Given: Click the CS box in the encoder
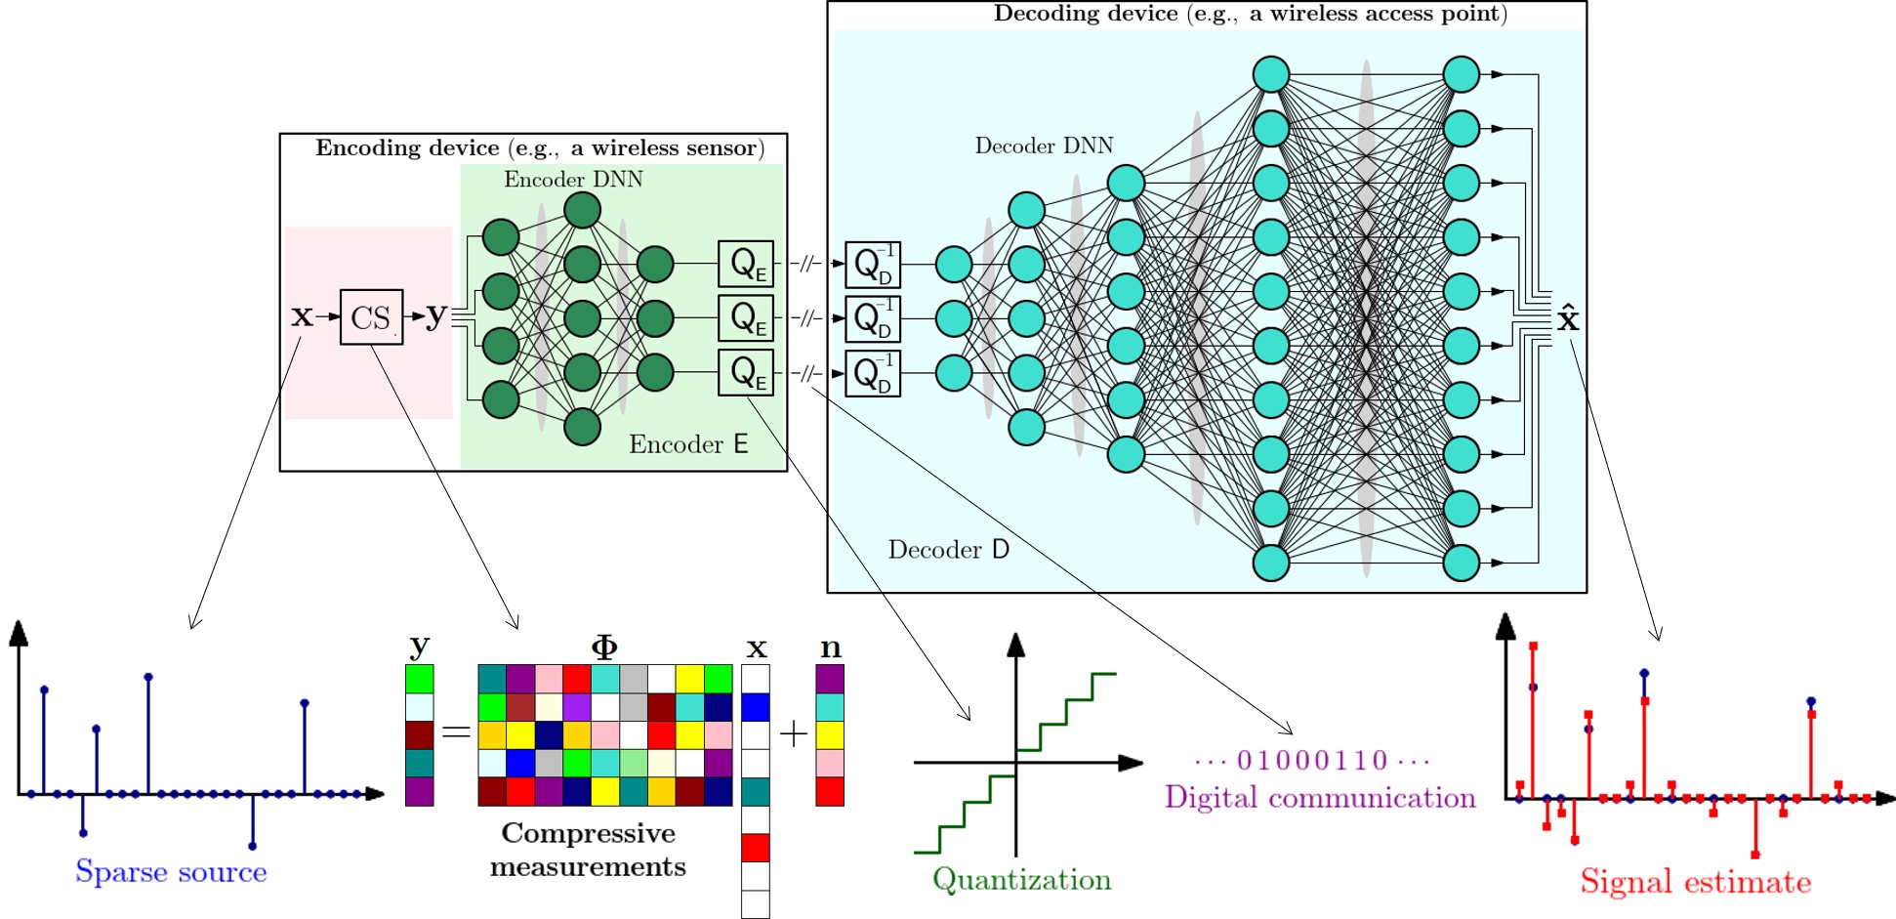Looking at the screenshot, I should click(371, 317).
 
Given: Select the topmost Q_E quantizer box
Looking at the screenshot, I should click(746, 264).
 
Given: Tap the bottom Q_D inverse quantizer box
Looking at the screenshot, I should click(873, 373).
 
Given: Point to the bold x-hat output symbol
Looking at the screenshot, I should click(1568, 318).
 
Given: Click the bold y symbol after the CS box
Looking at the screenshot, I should click(435, 314).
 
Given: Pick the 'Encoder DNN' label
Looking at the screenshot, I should click(573, 180).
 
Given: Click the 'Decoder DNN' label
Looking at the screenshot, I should click(1044, 146).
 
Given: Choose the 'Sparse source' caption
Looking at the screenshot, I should click(171, 871).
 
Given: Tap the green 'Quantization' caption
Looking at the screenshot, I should click(1021, 879).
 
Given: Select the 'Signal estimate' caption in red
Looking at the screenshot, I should click(1696, 882).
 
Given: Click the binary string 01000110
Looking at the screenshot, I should click(1311, 760).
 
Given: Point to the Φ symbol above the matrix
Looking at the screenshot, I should click(604, 647).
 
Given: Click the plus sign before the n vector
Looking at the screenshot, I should click(794, 733).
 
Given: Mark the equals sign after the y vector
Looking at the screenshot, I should click(456, 731).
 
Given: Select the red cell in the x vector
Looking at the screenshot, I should click(756, 848).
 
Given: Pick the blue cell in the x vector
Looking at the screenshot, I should click(756, 707).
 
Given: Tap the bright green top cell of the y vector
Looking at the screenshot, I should click(420, 679).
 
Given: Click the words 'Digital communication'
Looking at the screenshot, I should click(1319, 798).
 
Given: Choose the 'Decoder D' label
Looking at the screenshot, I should click(948, 550).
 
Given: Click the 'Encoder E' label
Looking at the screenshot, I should click(688, 445).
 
